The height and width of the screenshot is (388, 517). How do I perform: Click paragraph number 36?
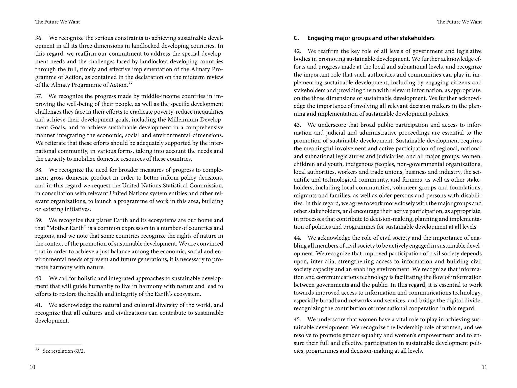click(x=39, y=38)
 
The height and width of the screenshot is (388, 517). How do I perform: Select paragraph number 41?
click(x=39, y=305)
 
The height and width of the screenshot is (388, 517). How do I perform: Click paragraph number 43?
click(x=297, y=125)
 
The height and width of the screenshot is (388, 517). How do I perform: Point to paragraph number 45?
click(x=297, y=320)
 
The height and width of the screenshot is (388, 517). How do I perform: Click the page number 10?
click(x=32, y=367)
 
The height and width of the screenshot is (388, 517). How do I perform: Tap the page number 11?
click(x=484, y=367)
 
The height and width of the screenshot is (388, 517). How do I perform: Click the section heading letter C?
click(x=296, y=38)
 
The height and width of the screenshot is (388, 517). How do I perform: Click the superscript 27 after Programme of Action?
click(x=130, y=83)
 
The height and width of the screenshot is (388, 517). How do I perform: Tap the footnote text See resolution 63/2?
click(x=64, y=351)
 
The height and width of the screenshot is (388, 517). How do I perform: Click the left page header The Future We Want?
click(x=58, y=22)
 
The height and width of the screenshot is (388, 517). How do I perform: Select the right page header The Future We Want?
click(x=459, y=22)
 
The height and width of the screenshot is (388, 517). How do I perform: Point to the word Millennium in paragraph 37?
click(x=181, y=119)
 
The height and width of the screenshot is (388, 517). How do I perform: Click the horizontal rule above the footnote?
click(x=59, y=344)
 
